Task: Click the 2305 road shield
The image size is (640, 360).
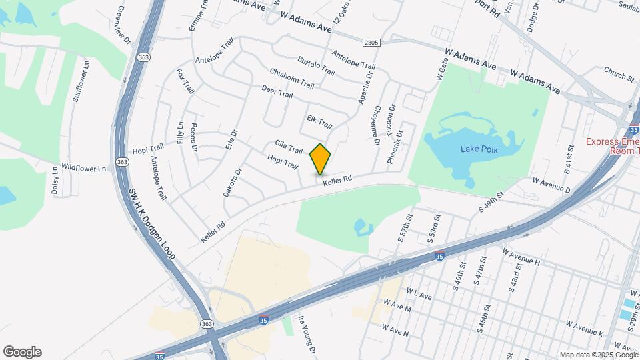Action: (372, 43)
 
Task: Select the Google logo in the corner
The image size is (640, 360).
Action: (22, 352)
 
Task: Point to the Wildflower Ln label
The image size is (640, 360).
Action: (83, 169)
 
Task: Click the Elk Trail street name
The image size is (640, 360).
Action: (319, 121)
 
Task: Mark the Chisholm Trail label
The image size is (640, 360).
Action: (291, 78)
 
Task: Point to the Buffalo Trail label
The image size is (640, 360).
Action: (316, 65)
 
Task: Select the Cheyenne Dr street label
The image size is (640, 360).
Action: (376, 125)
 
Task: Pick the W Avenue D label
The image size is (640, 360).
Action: (551, 185)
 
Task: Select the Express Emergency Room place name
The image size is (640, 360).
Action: (613, 146)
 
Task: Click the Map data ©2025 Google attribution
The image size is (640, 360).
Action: (598, 355)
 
